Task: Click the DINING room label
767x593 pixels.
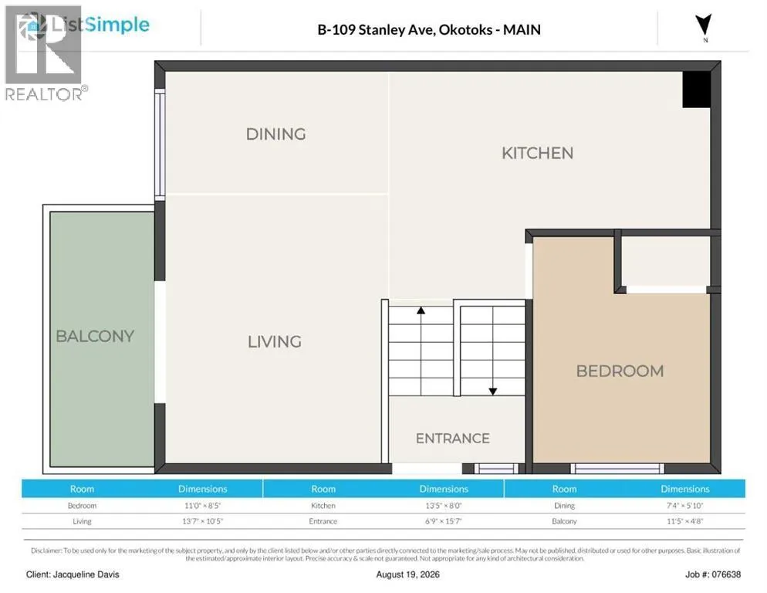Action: (x=276, y=134)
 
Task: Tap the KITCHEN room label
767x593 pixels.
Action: (x=537, y=154)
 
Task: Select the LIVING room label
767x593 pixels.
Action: (x=275, y=342)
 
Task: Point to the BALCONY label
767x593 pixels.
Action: (x=95, y=337)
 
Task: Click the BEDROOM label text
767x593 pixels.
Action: (x=620, y=371)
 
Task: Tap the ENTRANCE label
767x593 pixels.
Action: (x=452, y=439)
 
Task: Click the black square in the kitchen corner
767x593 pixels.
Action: (x=697, y=90)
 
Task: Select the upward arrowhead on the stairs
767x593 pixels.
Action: (x=421, y=310)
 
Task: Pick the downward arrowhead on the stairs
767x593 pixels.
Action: (x=493, y=391)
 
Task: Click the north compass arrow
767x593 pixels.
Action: (x=704, y=25)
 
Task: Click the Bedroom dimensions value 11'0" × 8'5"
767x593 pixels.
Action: (x=202, y=505)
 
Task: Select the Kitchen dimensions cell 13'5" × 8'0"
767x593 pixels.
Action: (x=444, y=505)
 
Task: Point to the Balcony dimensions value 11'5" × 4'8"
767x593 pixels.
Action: (x=685, y=521)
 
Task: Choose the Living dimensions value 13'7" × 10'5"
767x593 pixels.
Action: (x=202, y=521)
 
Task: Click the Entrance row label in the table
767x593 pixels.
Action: (x=323, y=521)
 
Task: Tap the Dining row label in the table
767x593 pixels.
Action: (x=565, y=505)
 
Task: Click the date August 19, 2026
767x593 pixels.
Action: (x=408, y=574)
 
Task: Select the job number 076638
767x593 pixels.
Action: (x=726, y=574)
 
